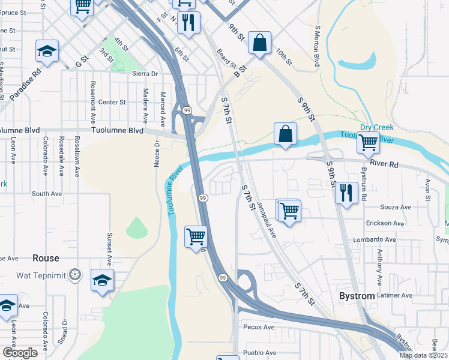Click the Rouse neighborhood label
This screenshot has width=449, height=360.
coord(46,258)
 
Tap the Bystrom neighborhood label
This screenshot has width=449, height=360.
coord(357,296)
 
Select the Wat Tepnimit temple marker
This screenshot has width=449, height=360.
coord(74,275)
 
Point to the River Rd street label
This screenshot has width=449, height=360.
coord(385,163)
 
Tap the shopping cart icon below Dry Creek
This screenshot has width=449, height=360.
coord(368,143)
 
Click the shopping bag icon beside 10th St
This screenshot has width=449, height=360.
coord(259,43)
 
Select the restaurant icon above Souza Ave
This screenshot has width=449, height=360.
coord(346,192)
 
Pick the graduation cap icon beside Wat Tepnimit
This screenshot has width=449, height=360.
coord(102,280)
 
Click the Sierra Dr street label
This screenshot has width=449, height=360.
coord(144,74)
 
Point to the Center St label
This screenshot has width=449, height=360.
coord(112,102)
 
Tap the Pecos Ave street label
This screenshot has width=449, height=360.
coord(259,328)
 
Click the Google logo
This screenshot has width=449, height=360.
coord(20,353)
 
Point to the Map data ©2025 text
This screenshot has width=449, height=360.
coord(423,355)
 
